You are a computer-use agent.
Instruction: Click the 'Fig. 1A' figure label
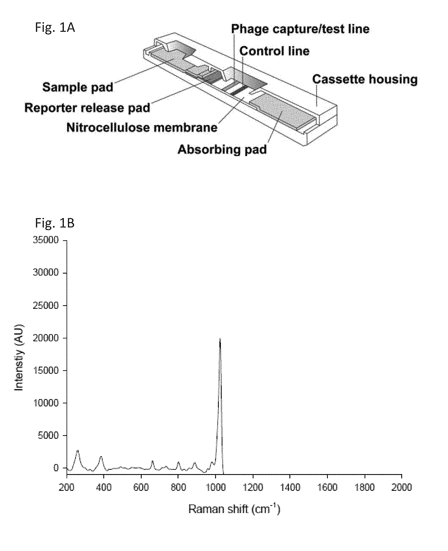click(55, 27)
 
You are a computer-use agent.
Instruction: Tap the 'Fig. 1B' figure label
click(55, 223)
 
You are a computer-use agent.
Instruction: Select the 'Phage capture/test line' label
click(300, 29)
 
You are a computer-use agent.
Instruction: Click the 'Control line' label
click(274, 51)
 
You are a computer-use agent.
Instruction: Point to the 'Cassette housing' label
click(365, 80)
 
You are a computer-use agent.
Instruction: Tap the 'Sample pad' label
click(78, 87)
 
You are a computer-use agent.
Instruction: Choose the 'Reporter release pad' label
click(87, 108)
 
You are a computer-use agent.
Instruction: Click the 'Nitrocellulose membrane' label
click(142, 128)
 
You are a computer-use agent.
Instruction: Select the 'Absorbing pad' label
click(222, 149)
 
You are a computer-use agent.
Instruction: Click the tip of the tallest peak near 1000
click(220, 338)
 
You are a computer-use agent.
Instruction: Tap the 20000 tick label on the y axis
click(46, 338)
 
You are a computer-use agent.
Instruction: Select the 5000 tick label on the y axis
click(48, 435)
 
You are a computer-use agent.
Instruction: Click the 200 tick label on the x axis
click(67, 487)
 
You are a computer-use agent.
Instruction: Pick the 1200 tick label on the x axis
click(253, 487)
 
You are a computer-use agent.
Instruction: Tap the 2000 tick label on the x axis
click(401, 487)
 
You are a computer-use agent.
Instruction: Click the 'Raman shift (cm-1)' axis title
click(234, 509)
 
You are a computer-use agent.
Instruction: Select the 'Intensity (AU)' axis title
click(19, 358)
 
